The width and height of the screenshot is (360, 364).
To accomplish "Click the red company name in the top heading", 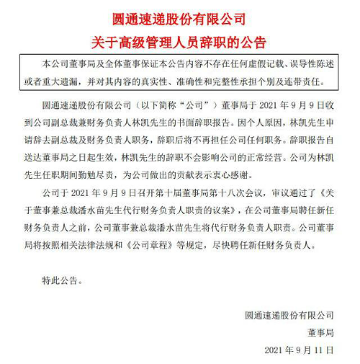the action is [x=179, y=17].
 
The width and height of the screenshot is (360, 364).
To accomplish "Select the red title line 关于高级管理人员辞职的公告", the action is [x=179, y=40].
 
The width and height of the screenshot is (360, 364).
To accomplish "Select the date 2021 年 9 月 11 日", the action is [x=300, y=350].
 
